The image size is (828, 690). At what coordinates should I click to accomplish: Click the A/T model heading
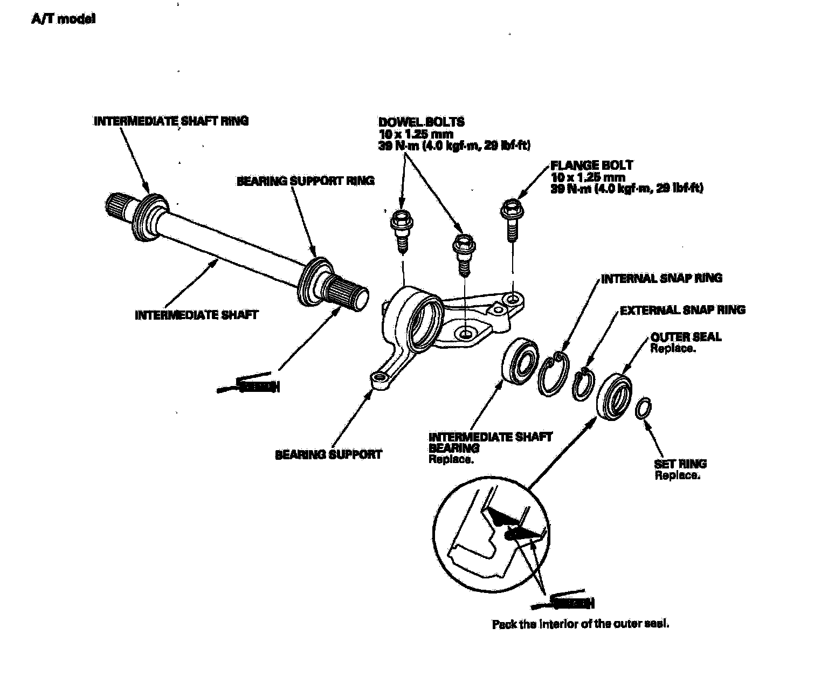(64, 19)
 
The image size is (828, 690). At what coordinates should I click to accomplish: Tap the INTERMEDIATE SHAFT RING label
(171, 121)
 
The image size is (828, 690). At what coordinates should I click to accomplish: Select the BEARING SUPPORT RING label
(305, 181)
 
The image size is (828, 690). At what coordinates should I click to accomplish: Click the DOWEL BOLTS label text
(421, 122)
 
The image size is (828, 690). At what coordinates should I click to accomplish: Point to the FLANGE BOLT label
(591, 165)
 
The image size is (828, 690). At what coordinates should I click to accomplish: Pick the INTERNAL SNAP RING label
(661, 279)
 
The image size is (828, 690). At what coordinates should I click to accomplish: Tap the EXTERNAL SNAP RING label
(682, 310)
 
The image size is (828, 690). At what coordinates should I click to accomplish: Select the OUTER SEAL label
(686, 337)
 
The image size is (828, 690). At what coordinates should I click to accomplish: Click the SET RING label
(680, 464)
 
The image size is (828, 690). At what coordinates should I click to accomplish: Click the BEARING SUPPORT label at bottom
(328, 454)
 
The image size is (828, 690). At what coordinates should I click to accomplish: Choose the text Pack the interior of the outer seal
(580, 624)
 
